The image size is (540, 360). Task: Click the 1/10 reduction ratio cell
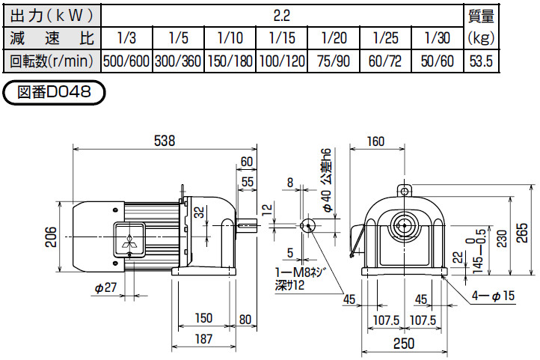(x=229, y=37)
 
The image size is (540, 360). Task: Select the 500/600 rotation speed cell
(x=126, y=61)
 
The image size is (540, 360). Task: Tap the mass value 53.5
(x=479, y=61)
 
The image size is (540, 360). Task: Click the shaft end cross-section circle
(x=307, y=225)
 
